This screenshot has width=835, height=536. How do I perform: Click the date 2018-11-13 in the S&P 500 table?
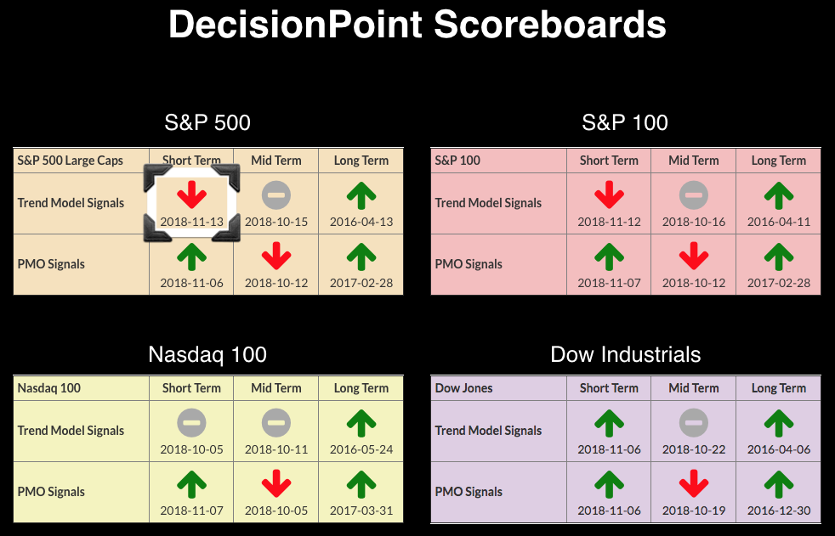click(191, 222)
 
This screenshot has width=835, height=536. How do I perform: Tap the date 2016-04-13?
click(361, 222)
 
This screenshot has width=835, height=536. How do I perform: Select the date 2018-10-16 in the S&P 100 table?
click(693, 222)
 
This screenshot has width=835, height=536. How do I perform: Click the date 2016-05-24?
click(361, 449)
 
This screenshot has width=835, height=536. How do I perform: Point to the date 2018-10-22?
click(693, 449)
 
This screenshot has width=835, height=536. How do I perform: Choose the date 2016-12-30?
click(779, 511)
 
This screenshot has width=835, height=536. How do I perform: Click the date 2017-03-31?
click(361, 511)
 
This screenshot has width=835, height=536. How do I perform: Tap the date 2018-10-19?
click(693, 511)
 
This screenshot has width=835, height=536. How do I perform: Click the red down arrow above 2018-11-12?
click(609, 195)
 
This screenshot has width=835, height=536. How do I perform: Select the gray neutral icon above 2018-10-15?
click(275, 195)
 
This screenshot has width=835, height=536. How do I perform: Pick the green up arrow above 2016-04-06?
click(779, 423)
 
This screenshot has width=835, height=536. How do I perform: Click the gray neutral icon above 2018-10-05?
click(191, 423)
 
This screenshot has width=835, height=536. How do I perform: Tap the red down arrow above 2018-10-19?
click(693, 484)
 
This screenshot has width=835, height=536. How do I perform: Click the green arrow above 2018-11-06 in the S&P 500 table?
click(191, 257)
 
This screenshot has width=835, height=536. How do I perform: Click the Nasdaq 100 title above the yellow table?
click(207, 354)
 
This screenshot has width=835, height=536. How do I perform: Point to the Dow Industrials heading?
click(625, 354)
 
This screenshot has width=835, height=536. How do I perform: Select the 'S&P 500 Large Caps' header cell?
click(70, 161)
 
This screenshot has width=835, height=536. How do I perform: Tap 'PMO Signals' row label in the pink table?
click(468, 264)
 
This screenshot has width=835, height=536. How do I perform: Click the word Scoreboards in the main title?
click(550, 25)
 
